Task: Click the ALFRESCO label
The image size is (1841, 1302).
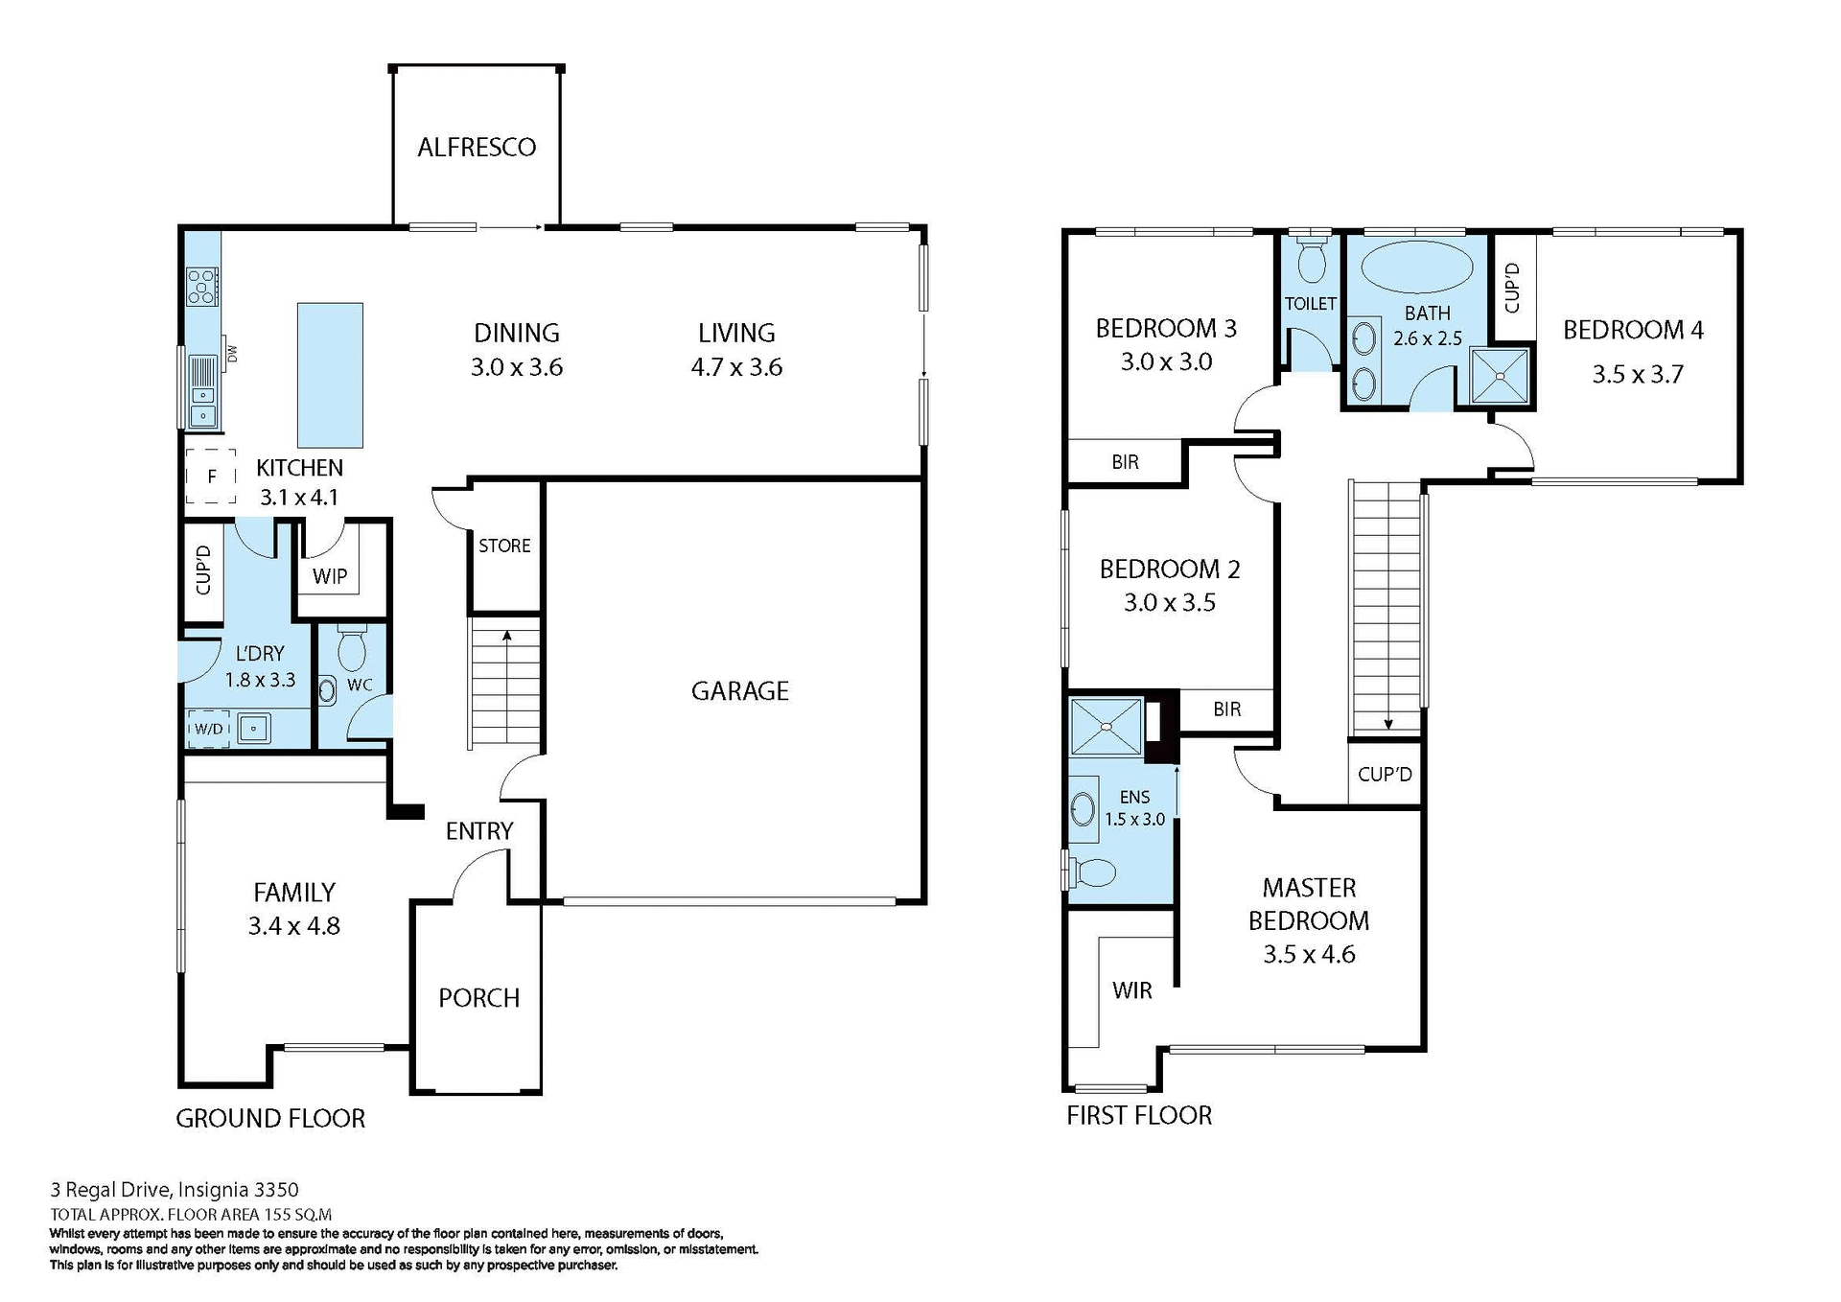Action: [477, 148]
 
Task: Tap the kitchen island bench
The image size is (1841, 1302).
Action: [330, 375]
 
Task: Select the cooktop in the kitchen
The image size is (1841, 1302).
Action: [202, 287]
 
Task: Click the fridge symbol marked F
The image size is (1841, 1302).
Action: [211, 477]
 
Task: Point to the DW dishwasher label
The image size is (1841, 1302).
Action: [232, 354]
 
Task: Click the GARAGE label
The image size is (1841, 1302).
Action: [739, 691]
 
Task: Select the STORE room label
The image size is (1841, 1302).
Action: [504, 546]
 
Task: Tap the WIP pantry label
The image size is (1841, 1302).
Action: [330, 577]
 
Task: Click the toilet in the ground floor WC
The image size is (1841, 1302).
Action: [352, 649]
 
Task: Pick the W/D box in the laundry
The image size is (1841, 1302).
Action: [208, 730]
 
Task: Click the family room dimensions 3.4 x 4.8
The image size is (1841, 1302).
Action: [293, 927]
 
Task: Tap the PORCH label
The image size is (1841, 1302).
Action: [478, 998]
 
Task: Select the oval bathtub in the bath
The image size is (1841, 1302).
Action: [1417, 267]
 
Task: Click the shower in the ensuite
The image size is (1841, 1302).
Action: [1106, 727]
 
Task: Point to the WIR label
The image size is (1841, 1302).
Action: [1131, 991]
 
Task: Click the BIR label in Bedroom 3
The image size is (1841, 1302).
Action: [1125, 463]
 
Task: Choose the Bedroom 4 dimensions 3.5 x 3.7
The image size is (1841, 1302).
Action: [1637, 375]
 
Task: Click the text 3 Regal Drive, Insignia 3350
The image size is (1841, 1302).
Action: [175, 1190]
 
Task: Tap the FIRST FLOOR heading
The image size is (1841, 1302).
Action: [1139, 1116]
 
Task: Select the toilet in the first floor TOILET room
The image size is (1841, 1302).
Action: [1310, 259]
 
